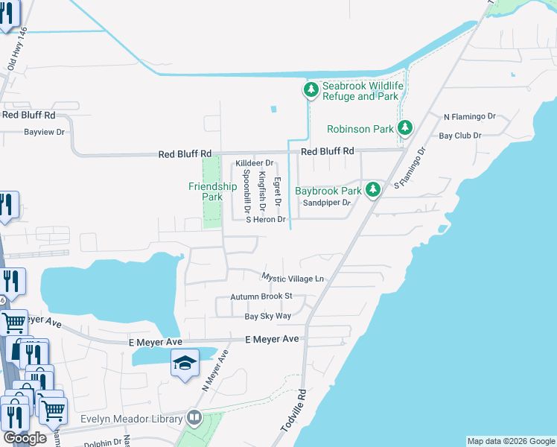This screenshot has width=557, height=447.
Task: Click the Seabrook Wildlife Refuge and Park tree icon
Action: pyautogui.click(x=311, y=90)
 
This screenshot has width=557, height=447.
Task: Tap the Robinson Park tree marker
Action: pyautogui.click(x=404, y=128)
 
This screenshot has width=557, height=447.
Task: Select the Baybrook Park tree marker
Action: pyautogui.click(x=373, y=190)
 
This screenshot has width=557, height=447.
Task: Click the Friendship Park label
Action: pyautogui.click(x=212, y=191)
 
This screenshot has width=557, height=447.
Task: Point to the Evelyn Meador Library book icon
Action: pyautogui.click(x=194, y=417)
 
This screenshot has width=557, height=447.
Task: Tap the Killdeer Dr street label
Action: pyautogui.click(x=255, y=163)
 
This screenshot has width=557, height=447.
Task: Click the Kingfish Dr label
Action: pyautogui.click(x=261, y=189)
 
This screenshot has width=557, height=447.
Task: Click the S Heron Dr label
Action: pyautogui.click(x=267, y=220)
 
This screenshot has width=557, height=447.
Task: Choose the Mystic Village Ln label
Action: pyautogui.click(x=293, y=278)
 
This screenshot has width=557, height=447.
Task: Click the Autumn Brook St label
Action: pyautogui.click(x=262, y=297)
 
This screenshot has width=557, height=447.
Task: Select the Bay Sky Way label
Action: pyautogui.click(x=268, y=317)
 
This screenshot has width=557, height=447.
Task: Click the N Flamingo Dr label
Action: pyautogui.click(x=469, y=117)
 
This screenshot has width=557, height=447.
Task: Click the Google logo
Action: pyautogui.click(x=26, y=438)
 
